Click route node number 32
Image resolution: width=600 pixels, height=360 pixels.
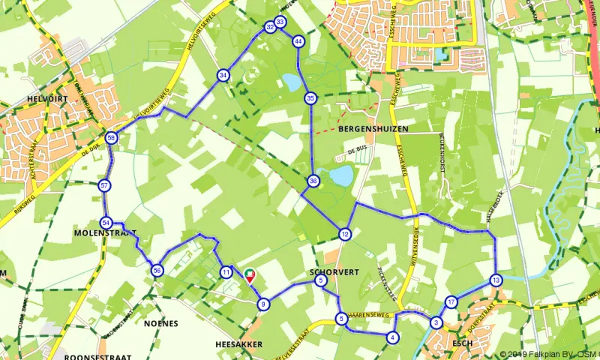(269, 28)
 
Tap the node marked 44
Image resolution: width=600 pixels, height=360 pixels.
(298, 41)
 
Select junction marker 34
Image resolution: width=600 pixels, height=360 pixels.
(223, 75)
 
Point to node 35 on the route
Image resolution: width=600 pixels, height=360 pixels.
(310, 98)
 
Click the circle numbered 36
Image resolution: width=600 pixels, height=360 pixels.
(313, 181)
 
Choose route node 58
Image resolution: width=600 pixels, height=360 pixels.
(111, 138)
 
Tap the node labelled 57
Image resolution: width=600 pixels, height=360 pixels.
(104, 186)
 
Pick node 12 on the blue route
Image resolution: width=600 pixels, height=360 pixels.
(344, 233)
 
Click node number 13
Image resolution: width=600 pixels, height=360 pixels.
(496, 280)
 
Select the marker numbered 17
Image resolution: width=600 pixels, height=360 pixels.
(451, 302)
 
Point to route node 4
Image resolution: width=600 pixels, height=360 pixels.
(393, 337)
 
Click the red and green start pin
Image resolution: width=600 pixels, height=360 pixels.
(250, 274)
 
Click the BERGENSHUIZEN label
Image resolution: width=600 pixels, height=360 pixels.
(373, 129)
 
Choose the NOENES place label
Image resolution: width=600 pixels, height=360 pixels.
(159, 323)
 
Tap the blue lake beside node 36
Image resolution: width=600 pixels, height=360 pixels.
(340, 176)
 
